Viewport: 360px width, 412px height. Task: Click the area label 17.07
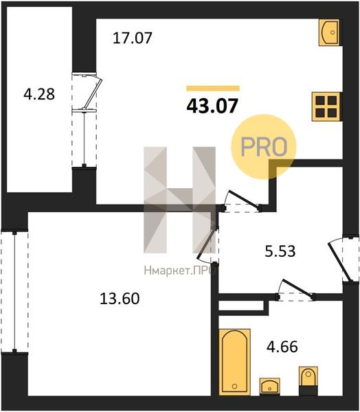pyautogui.click(x=133, y=38)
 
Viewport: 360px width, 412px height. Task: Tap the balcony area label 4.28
pyautogui.click(x=39, y=94)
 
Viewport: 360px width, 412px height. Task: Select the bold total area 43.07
pyautogui.click(x=212, y=106)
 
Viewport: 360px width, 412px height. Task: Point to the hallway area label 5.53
pyautogui.click(x=280, y=251)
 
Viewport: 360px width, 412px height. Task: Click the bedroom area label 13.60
pyautogui.click(x=120, y=299)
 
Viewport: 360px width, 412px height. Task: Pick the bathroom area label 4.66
pyautogui.click(x=282, y=347)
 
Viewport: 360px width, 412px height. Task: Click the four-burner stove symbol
pyautogui.click(x=326, y=106)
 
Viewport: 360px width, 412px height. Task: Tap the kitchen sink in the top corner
pyautogui.click(x=329, y=32)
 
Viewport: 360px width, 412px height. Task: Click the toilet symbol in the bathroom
pyautogui.click(x=308, y=381)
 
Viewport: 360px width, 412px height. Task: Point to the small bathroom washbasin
pyautogui.click(x=269, y=387)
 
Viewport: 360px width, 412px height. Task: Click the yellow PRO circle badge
pyautogui.click(x=264, y=147)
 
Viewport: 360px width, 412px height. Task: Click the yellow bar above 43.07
pyautogui.click(x=213, y=89)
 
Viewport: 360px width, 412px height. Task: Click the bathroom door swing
pyautogui.click(x=295, y=290)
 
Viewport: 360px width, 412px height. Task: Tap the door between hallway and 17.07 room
pyautogui.click(x=243, y=201)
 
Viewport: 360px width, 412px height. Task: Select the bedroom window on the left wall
pyautogui.click(x=14, y=293)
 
